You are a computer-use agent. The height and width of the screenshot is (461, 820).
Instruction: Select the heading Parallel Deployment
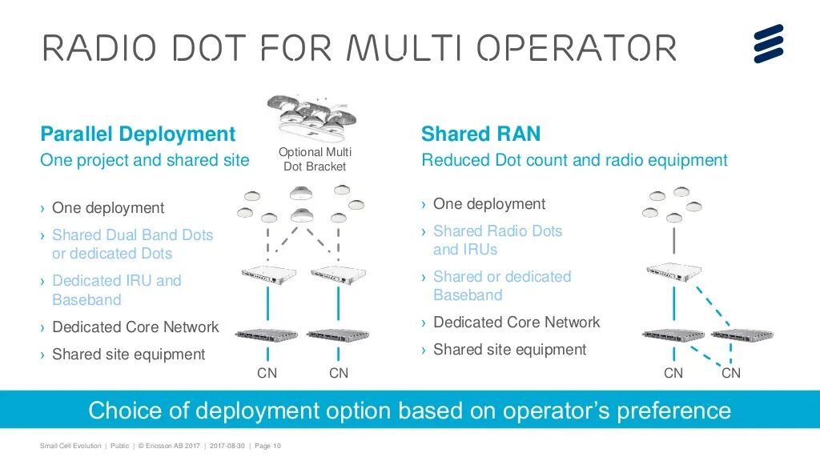[x=138, y=134]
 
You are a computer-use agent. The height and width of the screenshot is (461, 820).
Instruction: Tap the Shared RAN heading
[x=480, y=134]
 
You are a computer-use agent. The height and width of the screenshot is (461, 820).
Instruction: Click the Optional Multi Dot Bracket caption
[x=315, y=159]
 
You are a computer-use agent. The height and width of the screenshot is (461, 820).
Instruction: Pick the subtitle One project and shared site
[x=145, y=160]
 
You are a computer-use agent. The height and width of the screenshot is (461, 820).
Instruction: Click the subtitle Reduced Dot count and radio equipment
[x=574, y=160]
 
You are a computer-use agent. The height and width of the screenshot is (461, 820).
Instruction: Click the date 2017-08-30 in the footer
[x=226, y=446]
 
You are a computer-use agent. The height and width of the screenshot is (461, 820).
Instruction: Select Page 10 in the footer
[x=267, y=446]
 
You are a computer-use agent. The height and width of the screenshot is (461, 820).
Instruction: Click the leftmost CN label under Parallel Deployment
[x=267, y=373]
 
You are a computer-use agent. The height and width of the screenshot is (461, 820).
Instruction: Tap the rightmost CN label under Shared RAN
[x=731, y=373]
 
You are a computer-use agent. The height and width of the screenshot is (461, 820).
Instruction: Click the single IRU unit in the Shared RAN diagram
[x=673, y=271]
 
